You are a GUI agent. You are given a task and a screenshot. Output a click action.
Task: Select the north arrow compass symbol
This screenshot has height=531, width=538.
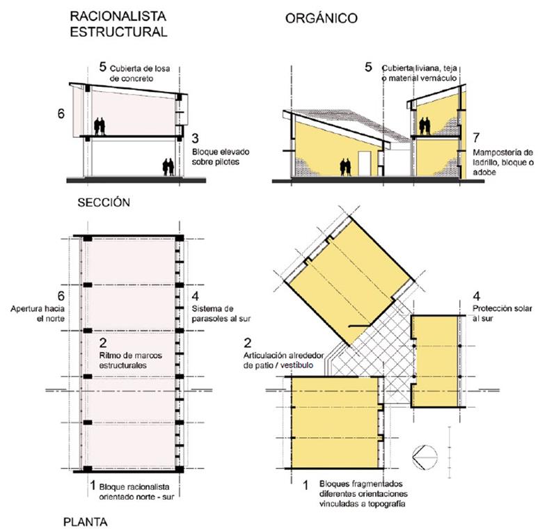coord(425,459)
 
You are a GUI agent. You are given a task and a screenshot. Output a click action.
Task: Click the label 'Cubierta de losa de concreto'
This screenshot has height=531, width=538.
coord(141,73)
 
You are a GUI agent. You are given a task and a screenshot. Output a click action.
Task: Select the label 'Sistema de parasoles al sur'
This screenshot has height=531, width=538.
coord(216,313)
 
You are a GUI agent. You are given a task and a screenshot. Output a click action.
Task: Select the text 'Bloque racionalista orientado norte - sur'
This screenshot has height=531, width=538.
coord(139,491)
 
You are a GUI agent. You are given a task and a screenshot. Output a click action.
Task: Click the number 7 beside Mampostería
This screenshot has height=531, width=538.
coord(476,136)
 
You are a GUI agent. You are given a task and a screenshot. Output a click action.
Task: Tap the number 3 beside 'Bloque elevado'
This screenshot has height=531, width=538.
coord(196,137)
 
